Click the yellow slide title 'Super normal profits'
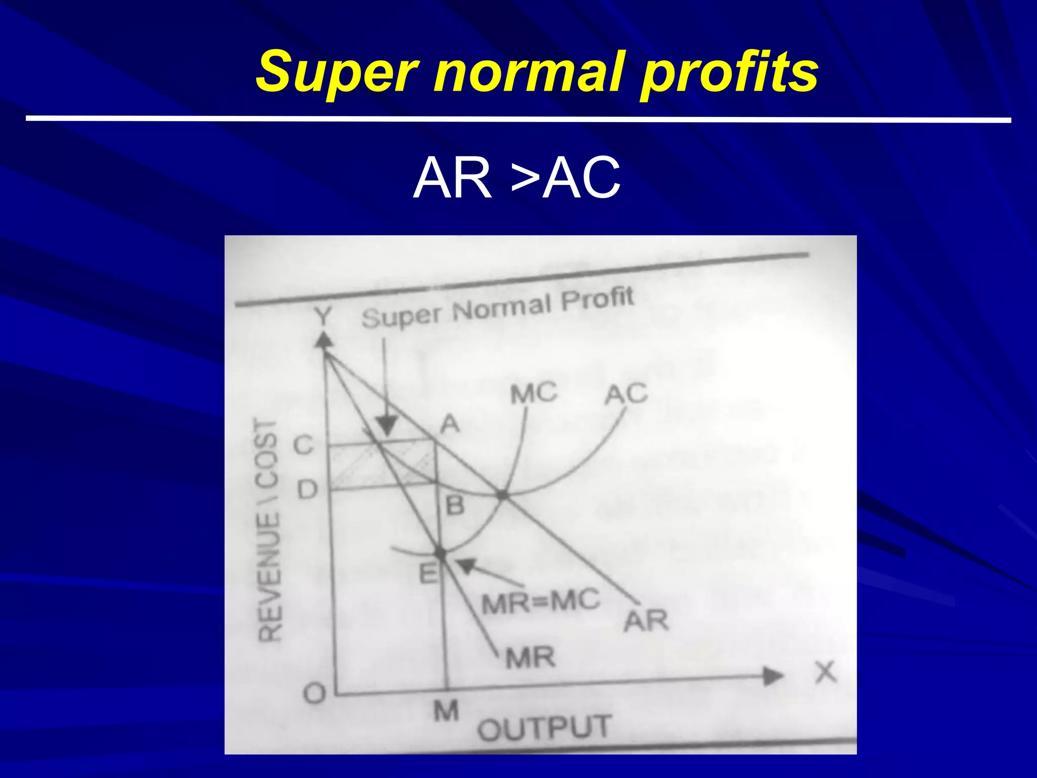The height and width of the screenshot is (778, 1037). click(x=537, y=72)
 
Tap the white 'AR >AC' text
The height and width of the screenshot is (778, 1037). click(x=516, y=178)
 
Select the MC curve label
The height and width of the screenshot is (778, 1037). click(x=533, y=394)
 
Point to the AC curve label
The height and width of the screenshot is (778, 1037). click(x=626, y=394)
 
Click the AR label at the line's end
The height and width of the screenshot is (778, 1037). click(x=646, y=621)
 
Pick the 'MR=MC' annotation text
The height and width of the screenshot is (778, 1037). click(x=540, y=602)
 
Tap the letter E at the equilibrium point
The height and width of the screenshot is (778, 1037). click(x=428, y=574)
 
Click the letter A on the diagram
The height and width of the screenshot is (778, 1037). click(x=450, y=424)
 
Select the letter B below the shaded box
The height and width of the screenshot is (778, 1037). click(x=455, y=505)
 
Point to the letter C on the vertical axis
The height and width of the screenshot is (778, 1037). click(x=304, y=446)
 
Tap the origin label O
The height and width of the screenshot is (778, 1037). click(x=314, y=693)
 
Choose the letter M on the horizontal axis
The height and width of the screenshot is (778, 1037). click(x=446, y=711)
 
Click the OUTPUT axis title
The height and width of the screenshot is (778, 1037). click(x=544, y=728)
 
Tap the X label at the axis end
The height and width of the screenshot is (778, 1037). click(x=825, y=673)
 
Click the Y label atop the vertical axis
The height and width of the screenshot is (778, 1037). click(x=323, y=317)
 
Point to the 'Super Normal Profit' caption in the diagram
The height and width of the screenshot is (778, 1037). click(x=497, y=308)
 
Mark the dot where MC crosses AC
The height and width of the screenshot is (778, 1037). click(x=502, y=495)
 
